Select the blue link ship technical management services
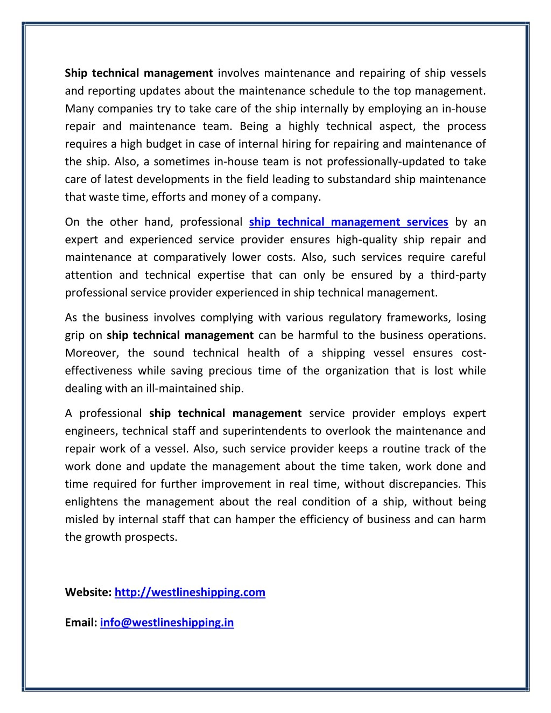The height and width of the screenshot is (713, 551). pyautogui.click(x=348, y=222)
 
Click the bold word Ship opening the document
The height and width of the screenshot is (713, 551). pyautogui.click(x=76, y=73)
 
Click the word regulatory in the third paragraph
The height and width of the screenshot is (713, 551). pyautogui.click(x=355, y=318)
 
